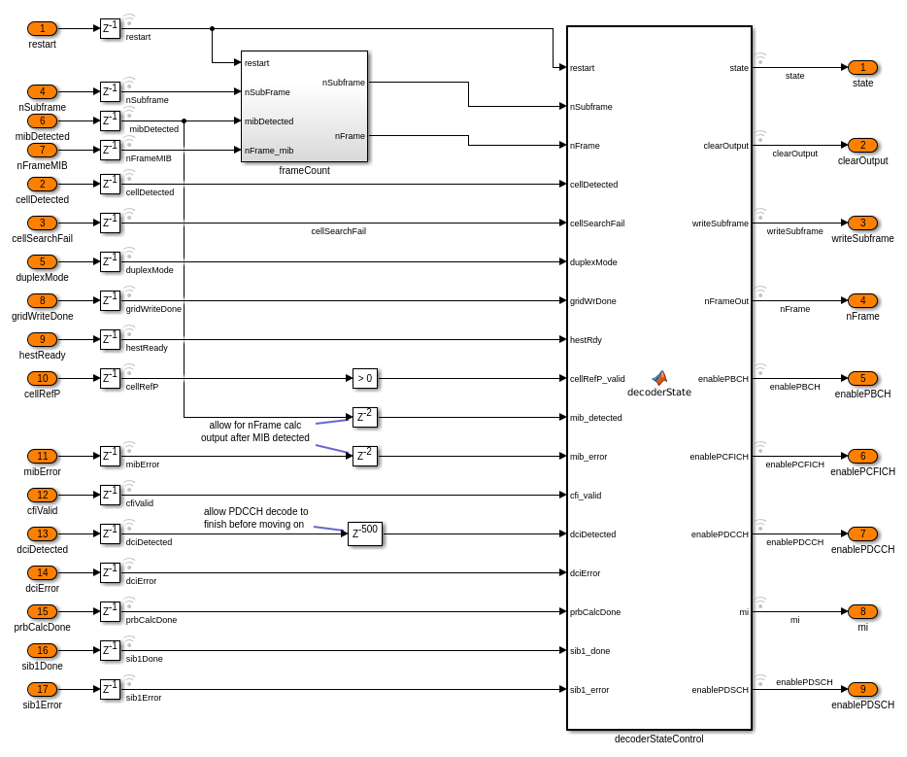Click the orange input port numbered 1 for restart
42,28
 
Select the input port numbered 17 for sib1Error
42,689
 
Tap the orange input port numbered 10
42,378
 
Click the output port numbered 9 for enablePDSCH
862,689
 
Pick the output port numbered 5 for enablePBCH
862,378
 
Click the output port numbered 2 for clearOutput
862,145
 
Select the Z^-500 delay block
364,533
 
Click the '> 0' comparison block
364,378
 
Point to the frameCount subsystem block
304,106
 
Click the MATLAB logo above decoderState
659,378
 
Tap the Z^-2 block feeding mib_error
364,456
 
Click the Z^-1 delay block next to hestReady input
110,339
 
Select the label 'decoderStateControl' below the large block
658,739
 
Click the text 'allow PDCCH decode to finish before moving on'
255,518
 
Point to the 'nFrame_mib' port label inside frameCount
269,151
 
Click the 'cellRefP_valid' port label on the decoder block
597,379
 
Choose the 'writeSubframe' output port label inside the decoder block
720,224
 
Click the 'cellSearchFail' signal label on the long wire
338,231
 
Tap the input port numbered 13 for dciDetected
42,533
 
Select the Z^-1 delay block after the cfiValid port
110,495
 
